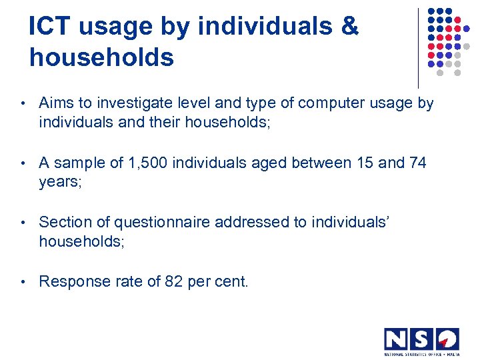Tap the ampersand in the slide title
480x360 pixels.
pos(349,27)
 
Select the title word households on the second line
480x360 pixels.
pos(101,57)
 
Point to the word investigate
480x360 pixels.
pos(127,104)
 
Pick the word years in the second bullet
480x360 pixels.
pos(59,182)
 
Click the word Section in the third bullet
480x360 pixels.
pos(65,222)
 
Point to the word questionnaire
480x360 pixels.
pos(164,222)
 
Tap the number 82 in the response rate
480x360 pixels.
pos(174,281)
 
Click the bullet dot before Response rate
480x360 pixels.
pos(23,282)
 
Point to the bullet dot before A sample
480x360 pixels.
pos(23,163)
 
